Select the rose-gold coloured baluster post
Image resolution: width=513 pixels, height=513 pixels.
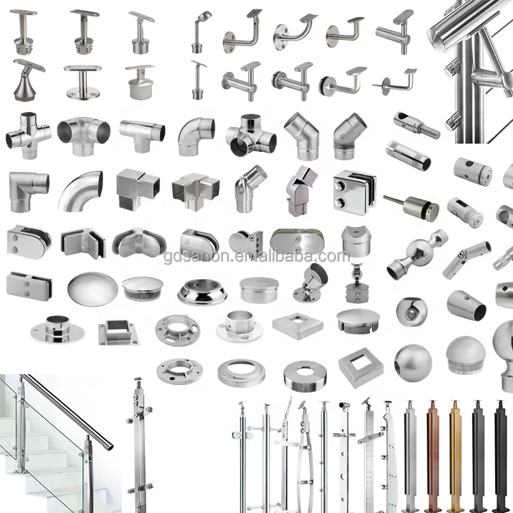click(x=432, y=451)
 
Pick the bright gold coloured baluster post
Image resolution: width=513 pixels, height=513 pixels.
click(x=455, y=451)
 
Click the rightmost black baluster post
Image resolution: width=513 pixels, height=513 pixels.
click(x=499, y=451)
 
